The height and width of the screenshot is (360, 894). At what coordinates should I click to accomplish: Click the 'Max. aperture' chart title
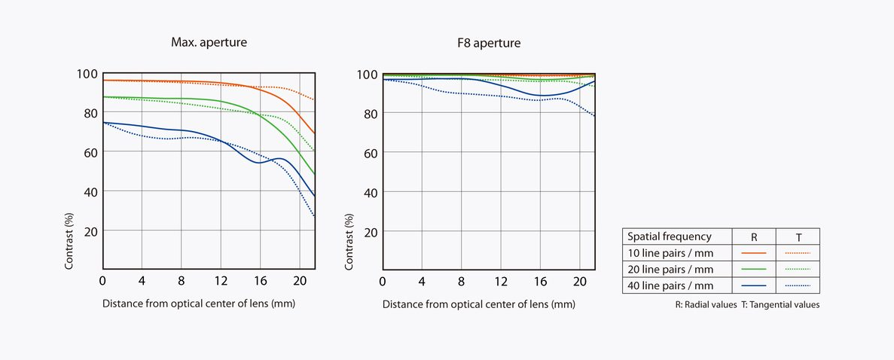click(x=209, y=43)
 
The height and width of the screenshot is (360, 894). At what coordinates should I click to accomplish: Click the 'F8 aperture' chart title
click(x=490, y=43)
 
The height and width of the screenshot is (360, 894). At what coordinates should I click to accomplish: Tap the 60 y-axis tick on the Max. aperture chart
click(x=89, y=152)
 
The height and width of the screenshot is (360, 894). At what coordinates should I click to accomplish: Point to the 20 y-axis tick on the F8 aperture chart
click(x=370, y=231)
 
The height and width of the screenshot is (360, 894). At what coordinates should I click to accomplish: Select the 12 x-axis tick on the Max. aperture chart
click(x=221, y=281)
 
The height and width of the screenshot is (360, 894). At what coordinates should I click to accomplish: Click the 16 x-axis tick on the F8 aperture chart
click(x=540, y=281)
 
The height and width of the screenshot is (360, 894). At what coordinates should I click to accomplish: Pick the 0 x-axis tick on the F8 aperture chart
click(x=383, y=281)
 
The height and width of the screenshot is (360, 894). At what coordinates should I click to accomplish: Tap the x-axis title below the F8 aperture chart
click(x=478, y=304)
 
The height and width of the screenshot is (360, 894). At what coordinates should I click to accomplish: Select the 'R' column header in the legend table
click(x=754, y=236)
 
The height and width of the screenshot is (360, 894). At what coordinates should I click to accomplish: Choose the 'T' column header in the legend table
click(x=798, y=236)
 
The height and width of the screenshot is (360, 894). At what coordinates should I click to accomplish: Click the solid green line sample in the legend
click(x=754, y=269)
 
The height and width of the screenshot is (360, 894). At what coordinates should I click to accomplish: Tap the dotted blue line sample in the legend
click(x=798, y=285)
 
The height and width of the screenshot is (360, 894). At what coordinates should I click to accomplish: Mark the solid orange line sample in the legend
click(x=754, y=252)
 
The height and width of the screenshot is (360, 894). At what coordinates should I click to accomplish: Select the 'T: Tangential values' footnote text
click(x=783, y=305)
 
